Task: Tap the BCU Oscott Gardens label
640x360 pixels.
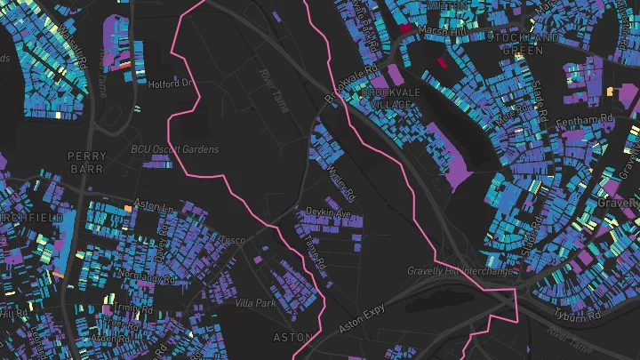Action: (x=174, y=149)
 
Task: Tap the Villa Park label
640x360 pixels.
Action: (x=255, y=303)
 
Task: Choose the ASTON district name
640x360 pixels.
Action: (x=292, y=337)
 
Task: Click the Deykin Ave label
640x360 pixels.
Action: (x=328, y=213)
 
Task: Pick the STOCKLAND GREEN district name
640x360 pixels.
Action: (x=529, y=44)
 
